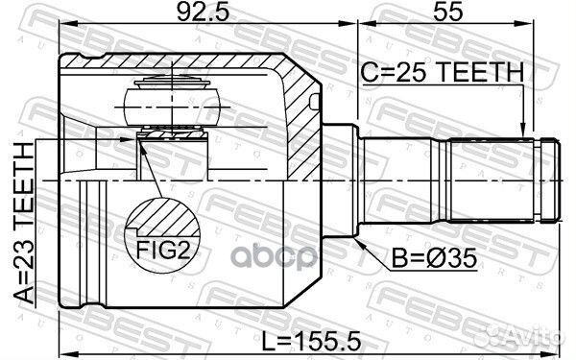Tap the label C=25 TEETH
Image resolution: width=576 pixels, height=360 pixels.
click(442, 71)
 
